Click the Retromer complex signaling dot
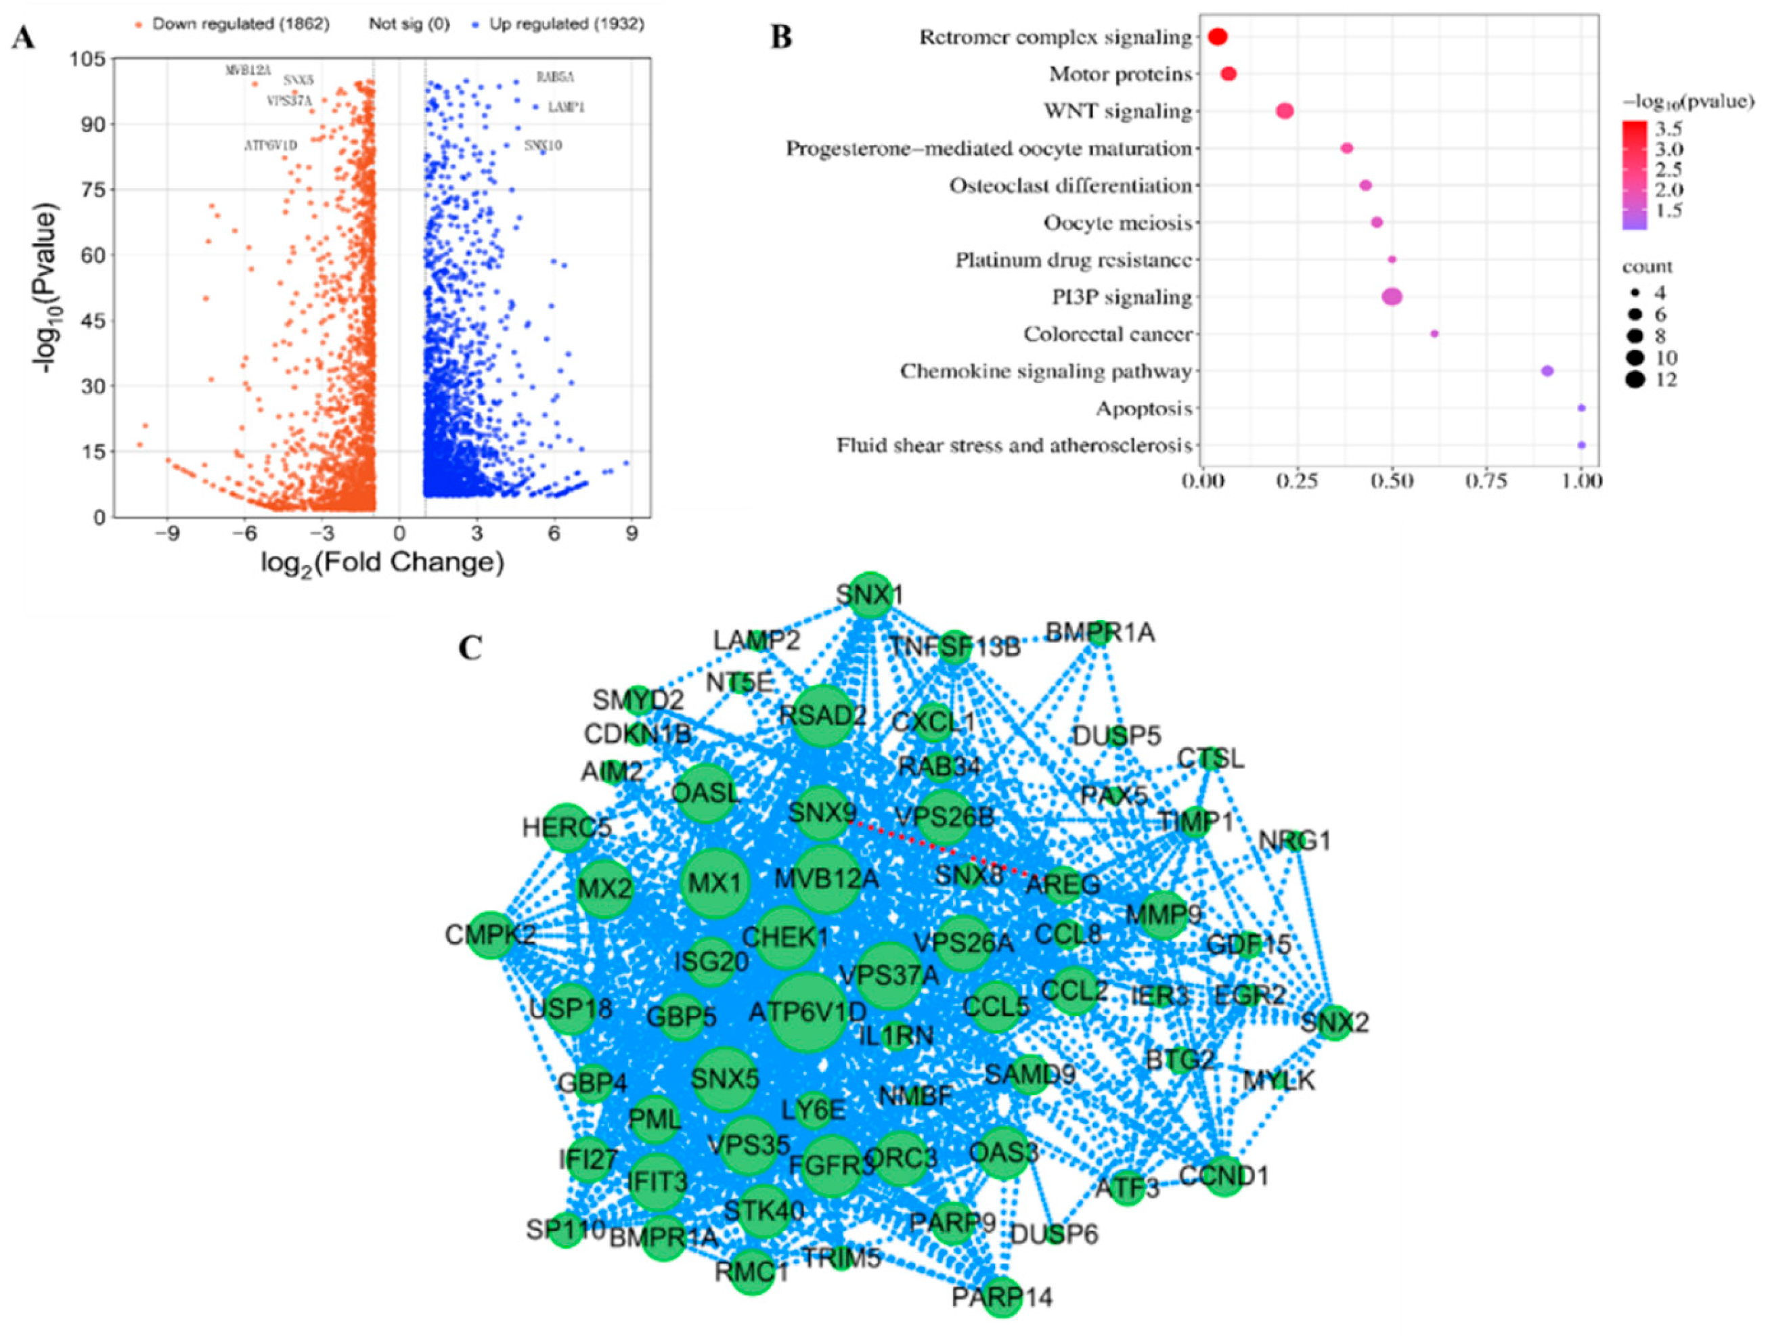1217,37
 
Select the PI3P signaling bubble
1392,297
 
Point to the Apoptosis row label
1143,409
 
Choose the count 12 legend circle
1634,380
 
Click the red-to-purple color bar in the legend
1634,175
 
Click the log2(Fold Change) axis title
382,562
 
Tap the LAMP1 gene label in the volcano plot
566,107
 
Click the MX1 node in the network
715,884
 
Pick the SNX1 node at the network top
870,595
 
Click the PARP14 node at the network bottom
1002,1296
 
